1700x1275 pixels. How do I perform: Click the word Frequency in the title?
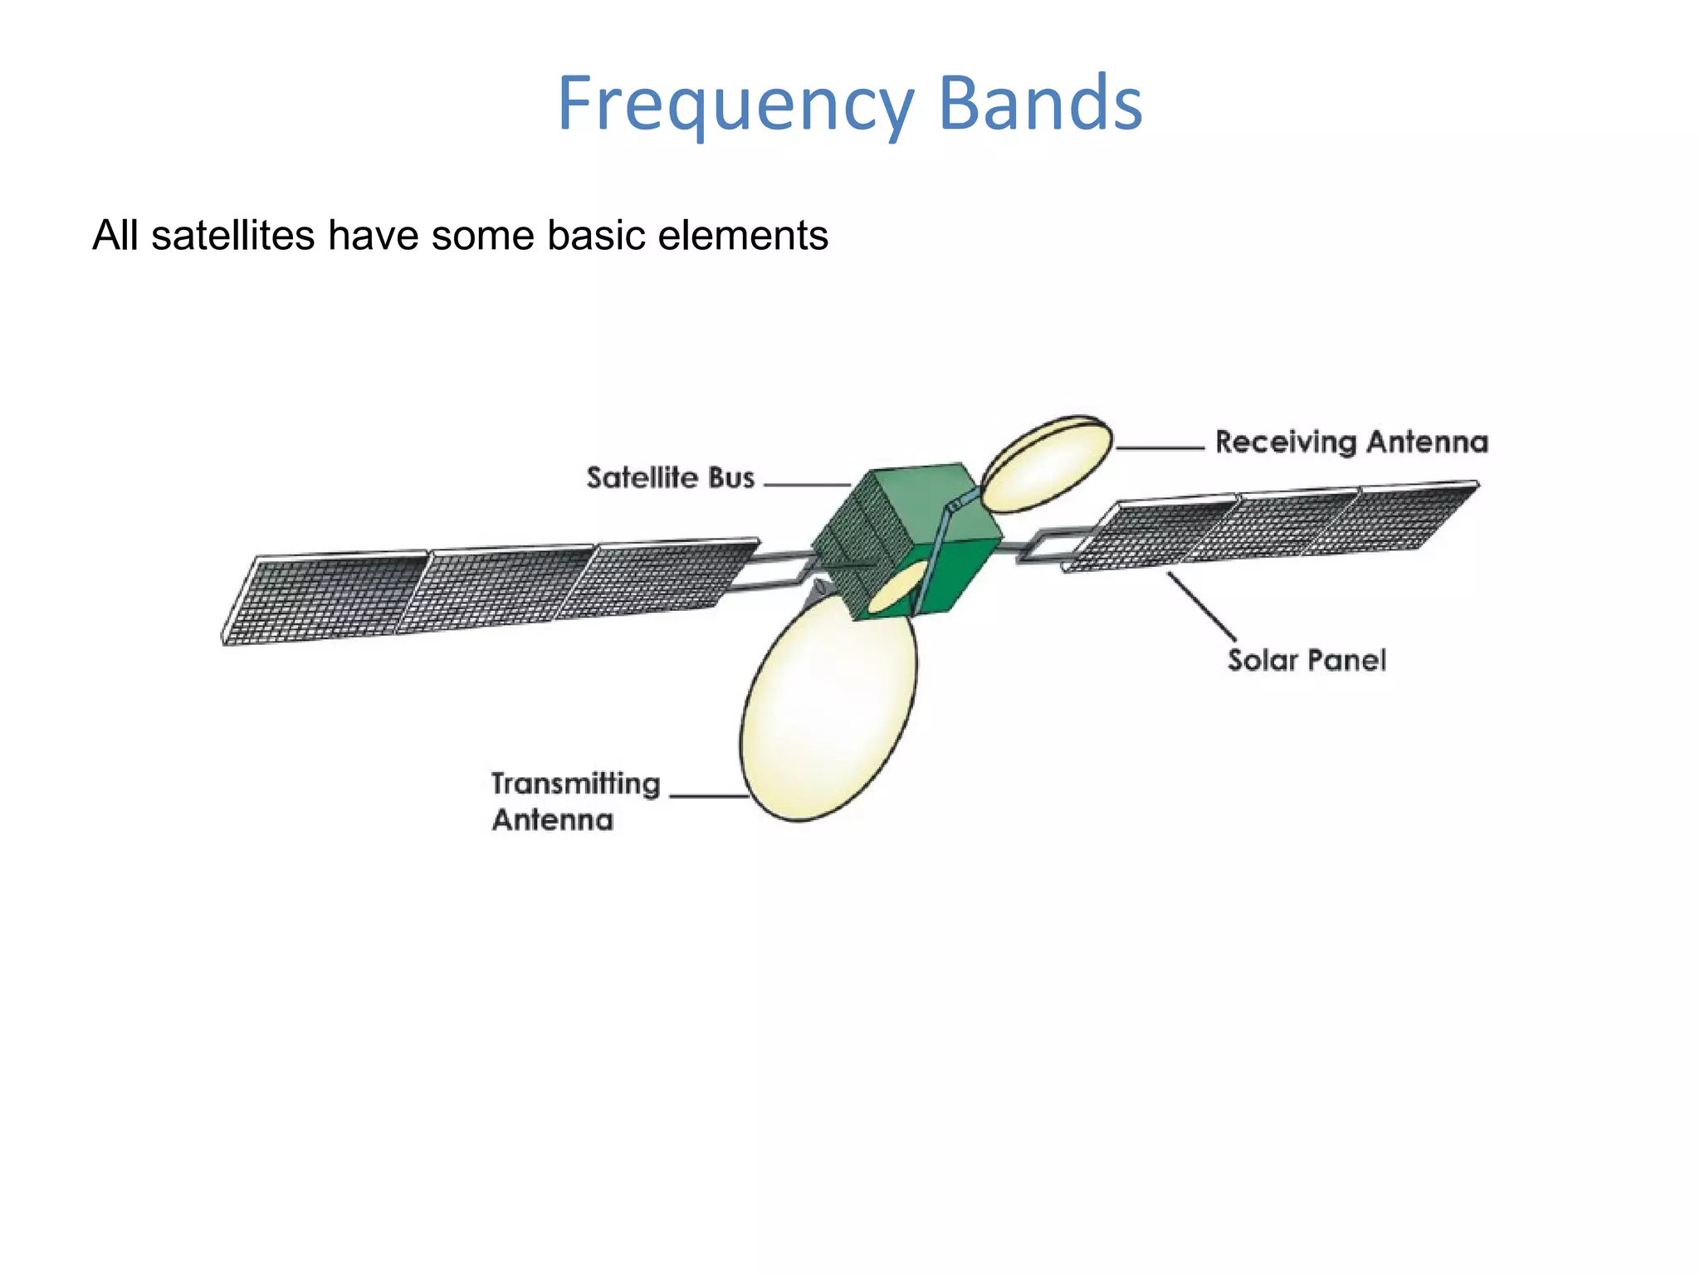click(734, 105)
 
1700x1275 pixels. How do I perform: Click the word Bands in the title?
click(1040, 105)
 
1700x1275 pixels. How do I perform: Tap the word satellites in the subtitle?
click(233, 235)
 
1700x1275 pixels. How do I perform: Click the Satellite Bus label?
click(670, 478)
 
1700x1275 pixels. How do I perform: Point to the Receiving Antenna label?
click(1351, 442)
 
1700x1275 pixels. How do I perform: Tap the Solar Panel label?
click(1307, 661)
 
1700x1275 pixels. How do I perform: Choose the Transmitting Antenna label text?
click(574, 801)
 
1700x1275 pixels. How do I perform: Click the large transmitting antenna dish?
click(826, 714)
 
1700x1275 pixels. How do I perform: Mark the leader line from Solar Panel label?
click(1201, 606)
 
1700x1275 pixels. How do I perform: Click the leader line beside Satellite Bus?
click(805, 484)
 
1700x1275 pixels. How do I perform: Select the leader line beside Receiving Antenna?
click(1160, 447)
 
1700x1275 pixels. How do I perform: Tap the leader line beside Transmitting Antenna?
click(708, 795)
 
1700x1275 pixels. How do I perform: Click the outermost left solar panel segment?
click(324, 598)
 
